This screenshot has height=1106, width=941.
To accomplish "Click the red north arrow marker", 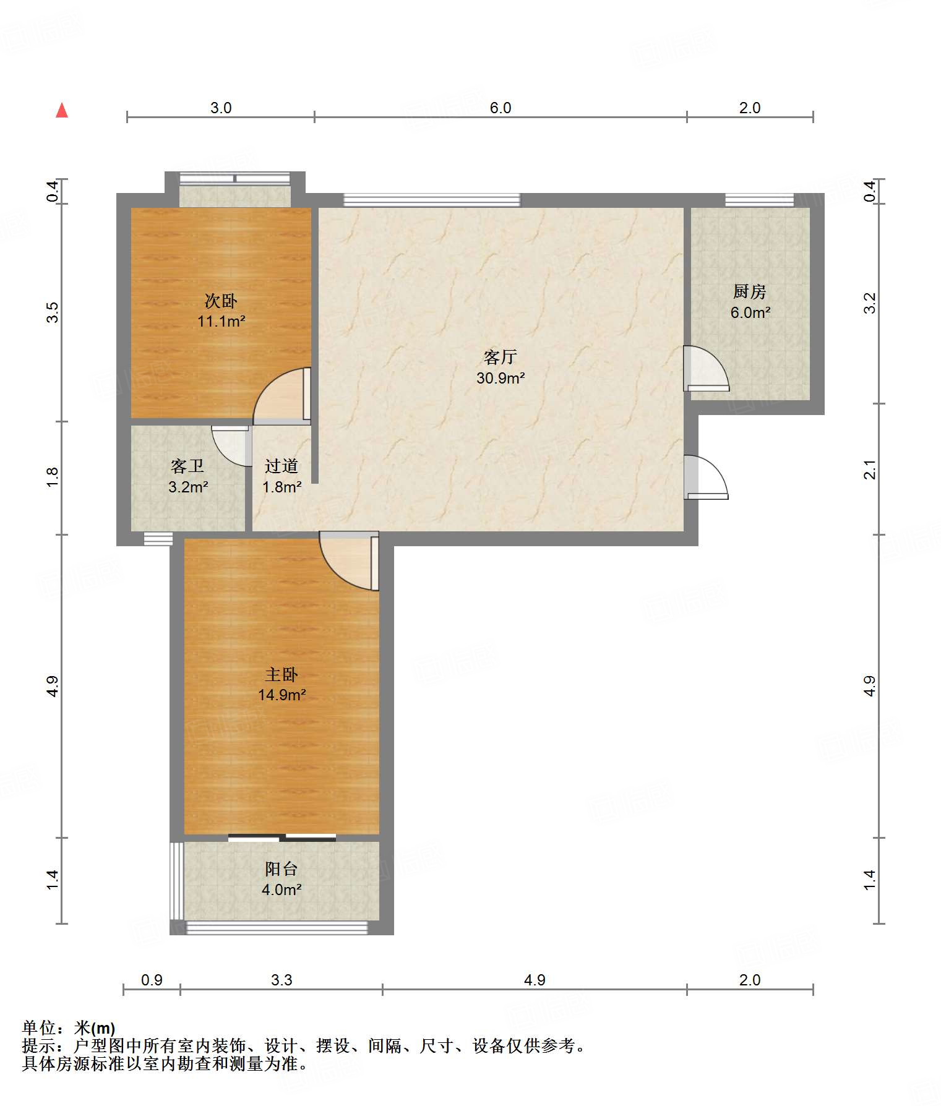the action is (62, 110).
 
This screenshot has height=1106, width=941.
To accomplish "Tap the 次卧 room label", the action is (221, 301).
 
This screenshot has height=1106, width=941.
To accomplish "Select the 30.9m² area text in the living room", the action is (501, 378).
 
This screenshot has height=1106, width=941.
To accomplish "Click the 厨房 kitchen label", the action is (750, 291).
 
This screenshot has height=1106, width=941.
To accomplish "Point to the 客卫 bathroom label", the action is (187, 466).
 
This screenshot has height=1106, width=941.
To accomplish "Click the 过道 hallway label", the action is (281, 466).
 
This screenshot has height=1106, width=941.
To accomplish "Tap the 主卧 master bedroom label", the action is (281, 674).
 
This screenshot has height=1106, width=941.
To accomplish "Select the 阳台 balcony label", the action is (281, 869).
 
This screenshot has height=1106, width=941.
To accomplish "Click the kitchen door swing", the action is (706, 369).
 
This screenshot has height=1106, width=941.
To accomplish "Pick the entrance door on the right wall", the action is (706, 477).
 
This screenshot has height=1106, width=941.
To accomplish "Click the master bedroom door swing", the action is (349, 561).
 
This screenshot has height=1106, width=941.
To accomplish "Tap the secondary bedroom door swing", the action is (282, 396).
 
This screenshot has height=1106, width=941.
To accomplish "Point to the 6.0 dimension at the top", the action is (501, 108).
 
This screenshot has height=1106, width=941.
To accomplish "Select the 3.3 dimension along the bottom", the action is (281, 980).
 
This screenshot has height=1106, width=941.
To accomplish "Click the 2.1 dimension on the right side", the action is (870, 469).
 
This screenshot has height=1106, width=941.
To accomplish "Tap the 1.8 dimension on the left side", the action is (53, 477).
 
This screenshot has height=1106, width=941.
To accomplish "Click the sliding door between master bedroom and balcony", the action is (282, 838).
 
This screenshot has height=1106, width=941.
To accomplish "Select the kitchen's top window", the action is (760, 200).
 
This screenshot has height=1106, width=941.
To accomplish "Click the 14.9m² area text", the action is (282, 695).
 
